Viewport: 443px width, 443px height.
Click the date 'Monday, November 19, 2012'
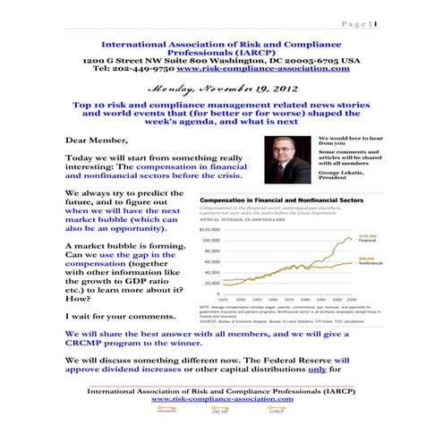221,89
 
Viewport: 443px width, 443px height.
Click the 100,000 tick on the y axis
211,241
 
